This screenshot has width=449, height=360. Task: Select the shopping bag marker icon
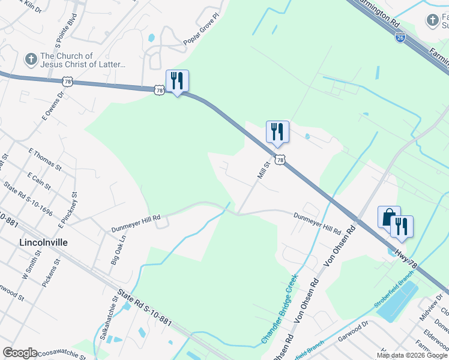388,217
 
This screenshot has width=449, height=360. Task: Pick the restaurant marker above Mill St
277,131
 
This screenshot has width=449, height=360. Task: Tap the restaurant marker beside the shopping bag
402,226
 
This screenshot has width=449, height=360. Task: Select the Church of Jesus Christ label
82,60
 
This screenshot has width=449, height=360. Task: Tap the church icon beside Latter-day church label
31,59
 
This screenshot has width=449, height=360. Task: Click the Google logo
20,353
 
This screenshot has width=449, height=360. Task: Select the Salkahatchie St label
109,318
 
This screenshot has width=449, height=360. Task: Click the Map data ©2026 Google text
412,355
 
